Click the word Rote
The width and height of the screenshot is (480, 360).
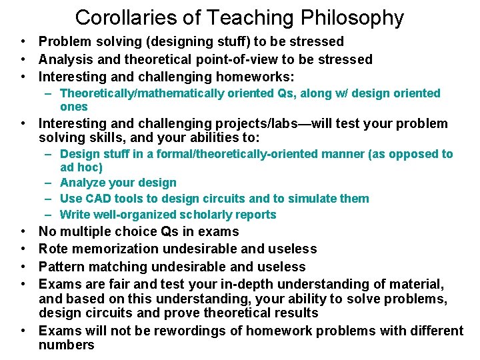point(53,249)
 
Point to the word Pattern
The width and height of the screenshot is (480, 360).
point(61,267)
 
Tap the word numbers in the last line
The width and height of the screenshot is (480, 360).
point(67,345)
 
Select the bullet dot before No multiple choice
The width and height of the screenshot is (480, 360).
point(23,231)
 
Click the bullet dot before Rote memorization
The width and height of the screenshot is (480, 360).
point(23,249)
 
